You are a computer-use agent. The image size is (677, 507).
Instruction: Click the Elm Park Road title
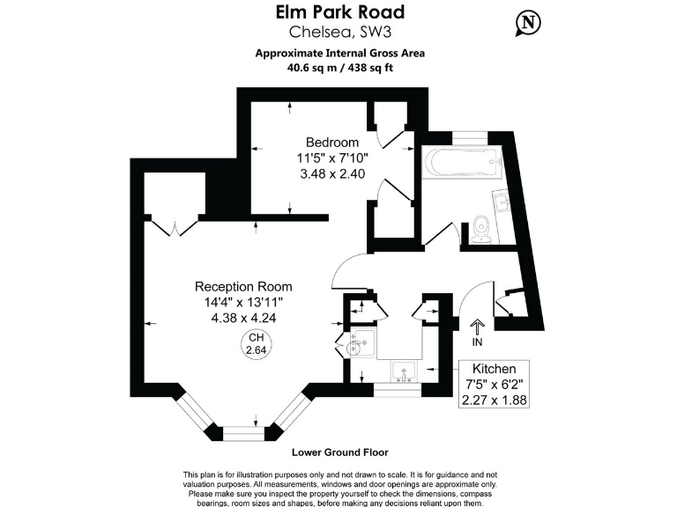point(340,12)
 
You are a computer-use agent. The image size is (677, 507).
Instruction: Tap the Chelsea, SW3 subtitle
point(340,33)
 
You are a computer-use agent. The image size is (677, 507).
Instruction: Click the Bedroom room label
point(332,143)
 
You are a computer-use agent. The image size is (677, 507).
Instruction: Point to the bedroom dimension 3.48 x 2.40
point(332,173)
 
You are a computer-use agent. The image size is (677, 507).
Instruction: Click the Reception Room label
point(243,287)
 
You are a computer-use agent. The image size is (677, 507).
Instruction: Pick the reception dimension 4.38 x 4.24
point(243,319)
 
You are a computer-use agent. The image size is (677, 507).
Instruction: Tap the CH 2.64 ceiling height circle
point(256,343)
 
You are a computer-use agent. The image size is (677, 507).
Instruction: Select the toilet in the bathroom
point(481,230)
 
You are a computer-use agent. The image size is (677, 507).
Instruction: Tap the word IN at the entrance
point(479,342)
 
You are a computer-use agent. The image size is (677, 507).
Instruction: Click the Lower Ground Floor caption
point(340,452)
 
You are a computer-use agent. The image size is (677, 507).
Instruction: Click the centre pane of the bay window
point(242,432)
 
